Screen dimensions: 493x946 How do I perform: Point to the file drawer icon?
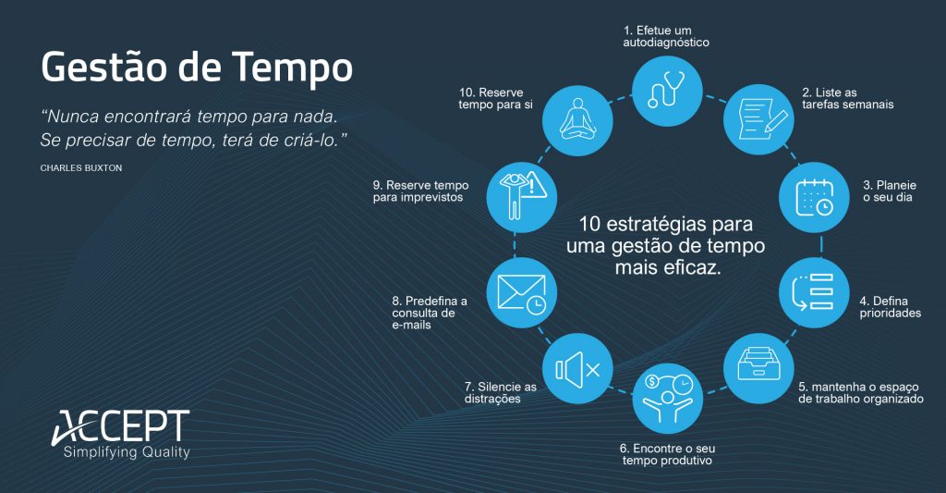[x=758, y=366]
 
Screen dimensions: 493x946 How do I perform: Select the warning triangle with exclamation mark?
[x=537, y=187]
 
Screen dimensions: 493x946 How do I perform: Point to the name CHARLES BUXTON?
[x=81, y=168]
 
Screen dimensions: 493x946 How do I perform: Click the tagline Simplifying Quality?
[x=126, y=452]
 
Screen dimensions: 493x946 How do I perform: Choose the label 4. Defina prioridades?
[x=890, y=306]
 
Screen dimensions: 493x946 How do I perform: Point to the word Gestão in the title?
[x=109, y=68]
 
